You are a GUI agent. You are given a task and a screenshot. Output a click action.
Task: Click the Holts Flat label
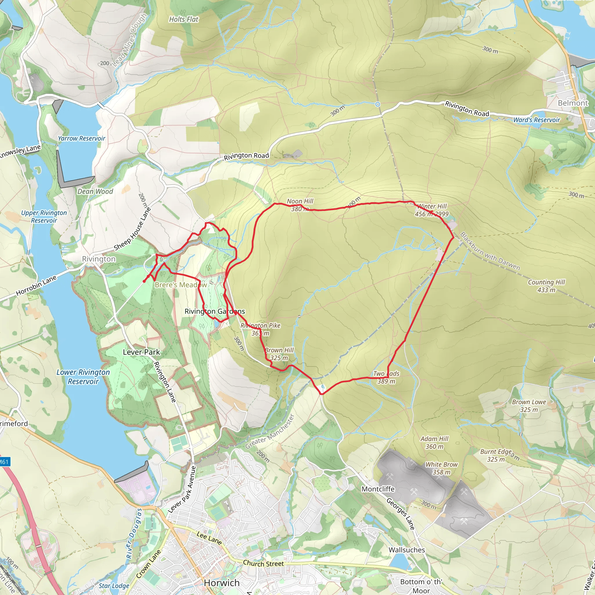[184, 19]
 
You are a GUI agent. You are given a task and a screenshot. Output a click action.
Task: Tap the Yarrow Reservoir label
[81, 139]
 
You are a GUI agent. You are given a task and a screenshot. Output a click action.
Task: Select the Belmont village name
[573, 103]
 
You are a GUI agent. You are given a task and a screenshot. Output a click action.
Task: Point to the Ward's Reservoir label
[536, 120]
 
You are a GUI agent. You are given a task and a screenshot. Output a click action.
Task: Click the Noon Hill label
[300, 201]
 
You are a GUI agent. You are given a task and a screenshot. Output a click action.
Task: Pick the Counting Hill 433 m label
[546, 286]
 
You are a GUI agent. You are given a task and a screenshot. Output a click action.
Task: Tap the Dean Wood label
[95, 191]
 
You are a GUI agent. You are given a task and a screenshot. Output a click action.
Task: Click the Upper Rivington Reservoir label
[44, 216]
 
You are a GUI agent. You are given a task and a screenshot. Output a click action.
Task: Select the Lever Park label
[141, 352]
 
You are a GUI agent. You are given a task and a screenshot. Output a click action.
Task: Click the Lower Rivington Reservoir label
[83, 377]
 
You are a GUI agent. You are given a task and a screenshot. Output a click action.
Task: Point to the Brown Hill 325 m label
[279, 354]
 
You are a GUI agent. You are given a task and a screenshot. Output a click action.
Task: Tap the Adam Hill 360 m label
[434, 442]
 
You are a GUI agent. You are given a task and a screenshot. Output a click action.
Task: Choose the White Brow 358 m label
[441, 468]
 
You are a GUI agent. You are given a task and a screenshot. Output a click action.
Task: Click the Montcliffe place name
[378, 489]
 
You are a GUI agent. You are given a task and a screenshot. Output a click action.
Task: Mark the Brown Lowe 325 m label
[529, 406]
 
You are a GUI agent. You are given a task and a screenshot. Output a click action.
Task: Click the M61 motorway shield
[4, 462]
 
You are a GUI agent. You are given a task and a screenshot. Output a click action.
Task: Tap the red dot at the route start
[144, 281]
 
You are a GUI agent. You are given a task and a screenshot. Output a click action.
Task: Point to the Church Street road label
[263, 563]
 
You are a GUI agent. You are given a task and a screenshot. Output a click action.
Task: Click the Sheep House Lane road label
[132, 229]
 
